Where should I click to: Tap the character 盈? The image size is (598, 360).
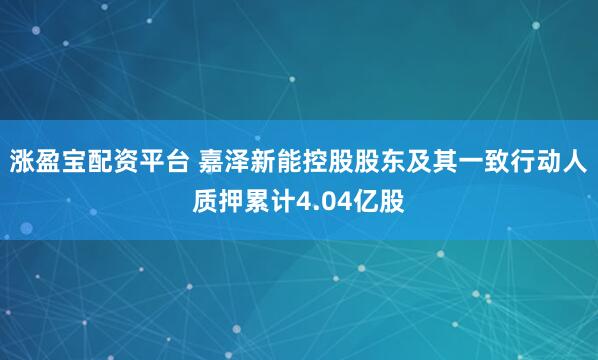click(47, 163)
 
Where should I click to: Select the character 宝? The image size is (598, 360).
click(73, 163)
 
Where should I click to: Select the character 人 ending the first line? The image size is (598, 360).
click(577, 163)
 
